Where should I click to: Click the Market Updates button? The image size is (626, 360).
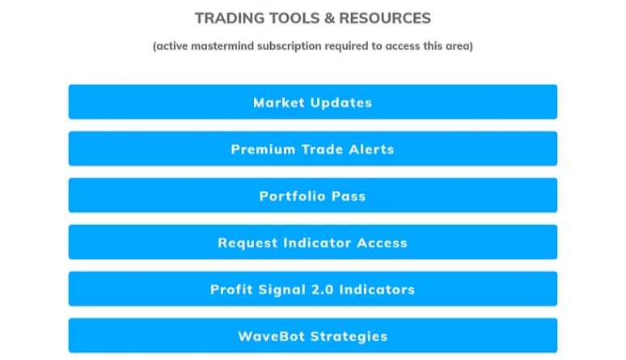tap(313, 102)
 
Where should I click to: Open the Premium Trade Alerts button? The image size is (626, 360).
tap(313, 149)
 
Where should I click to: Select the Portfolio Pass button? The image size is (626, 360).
tap(313, 196)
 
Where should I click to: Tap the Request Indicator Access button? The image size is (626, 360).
tap(313, 242)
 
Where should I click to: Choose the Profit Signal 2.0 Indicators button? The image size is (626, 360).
tap(313, 289)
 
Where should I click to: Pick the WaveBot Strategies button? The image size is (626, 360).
tap(313, 336)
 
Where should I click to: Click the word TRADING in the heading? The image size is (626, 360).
tap(230, 19)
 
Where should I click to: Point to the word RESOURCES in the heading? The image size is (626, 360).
tap(385, 19)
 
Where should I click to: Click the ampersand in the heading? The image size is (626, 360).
tap(329, 19)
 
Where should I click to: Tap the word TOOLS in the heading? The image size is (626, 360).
tap(294, 19)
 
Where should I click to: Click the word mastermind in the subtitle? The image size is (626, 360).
tap(222, 46)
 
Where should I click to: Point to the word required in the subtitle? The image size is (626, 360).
tap(346, 47)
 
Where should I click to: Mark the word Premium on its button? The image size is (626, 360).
tap(263, 150)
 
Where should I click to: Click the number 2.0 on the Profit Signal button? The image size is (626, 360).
tap(322, 290)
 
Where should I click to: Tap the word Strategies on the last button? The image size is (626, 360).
tap(349, 337)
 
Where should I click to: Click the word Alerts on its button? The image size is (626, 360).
tap(371, 150)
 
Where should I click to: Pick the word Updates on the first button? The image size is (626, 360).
tap(341, 103)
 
